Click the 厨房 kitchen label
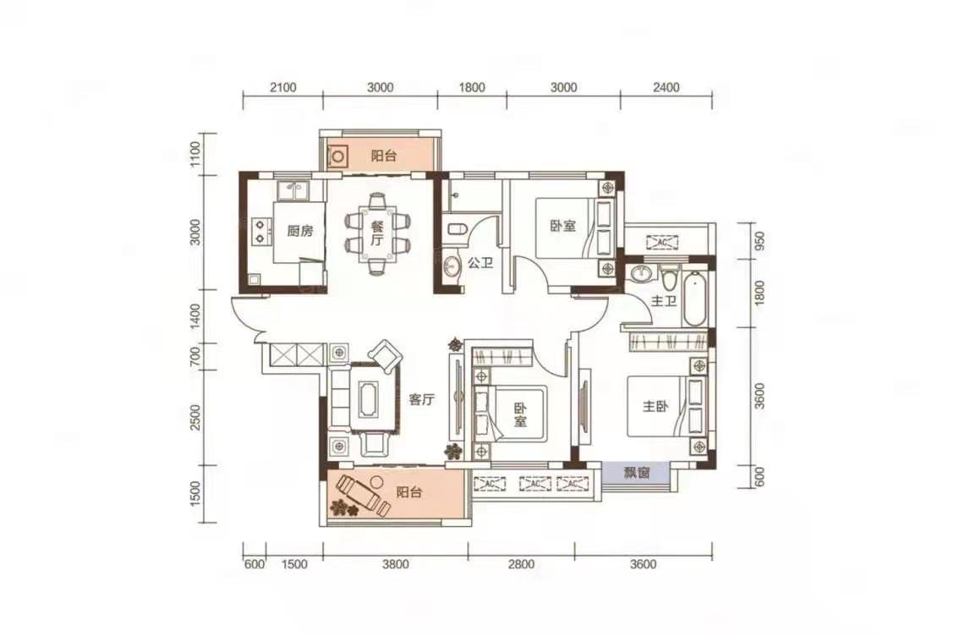pos(300,231)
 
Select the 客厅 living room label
pos(421,400)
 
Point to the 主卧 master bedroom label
pos(655,406)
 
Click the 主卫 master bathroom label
pos(663,300)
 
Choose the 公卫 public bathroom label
pos(480,263)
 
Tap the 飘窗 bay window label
pos(636,472)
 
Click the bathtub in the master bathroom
pos(694,299)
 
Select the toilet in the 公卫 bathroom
pos(456,229)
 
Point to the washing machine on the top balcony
pos(338,157)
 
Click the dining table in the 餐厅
pos(377,233)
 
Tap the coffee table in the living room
pos(369,399)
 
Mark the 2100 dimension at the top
pos(283,88)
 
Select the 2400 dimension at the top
pos(666,88)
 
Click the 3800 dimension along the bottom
pos(396,564)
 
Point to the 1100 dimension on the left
pos(195,155)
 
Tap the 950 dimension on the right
pos(759,242)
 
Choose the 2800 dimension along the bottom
pos(522,564)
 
